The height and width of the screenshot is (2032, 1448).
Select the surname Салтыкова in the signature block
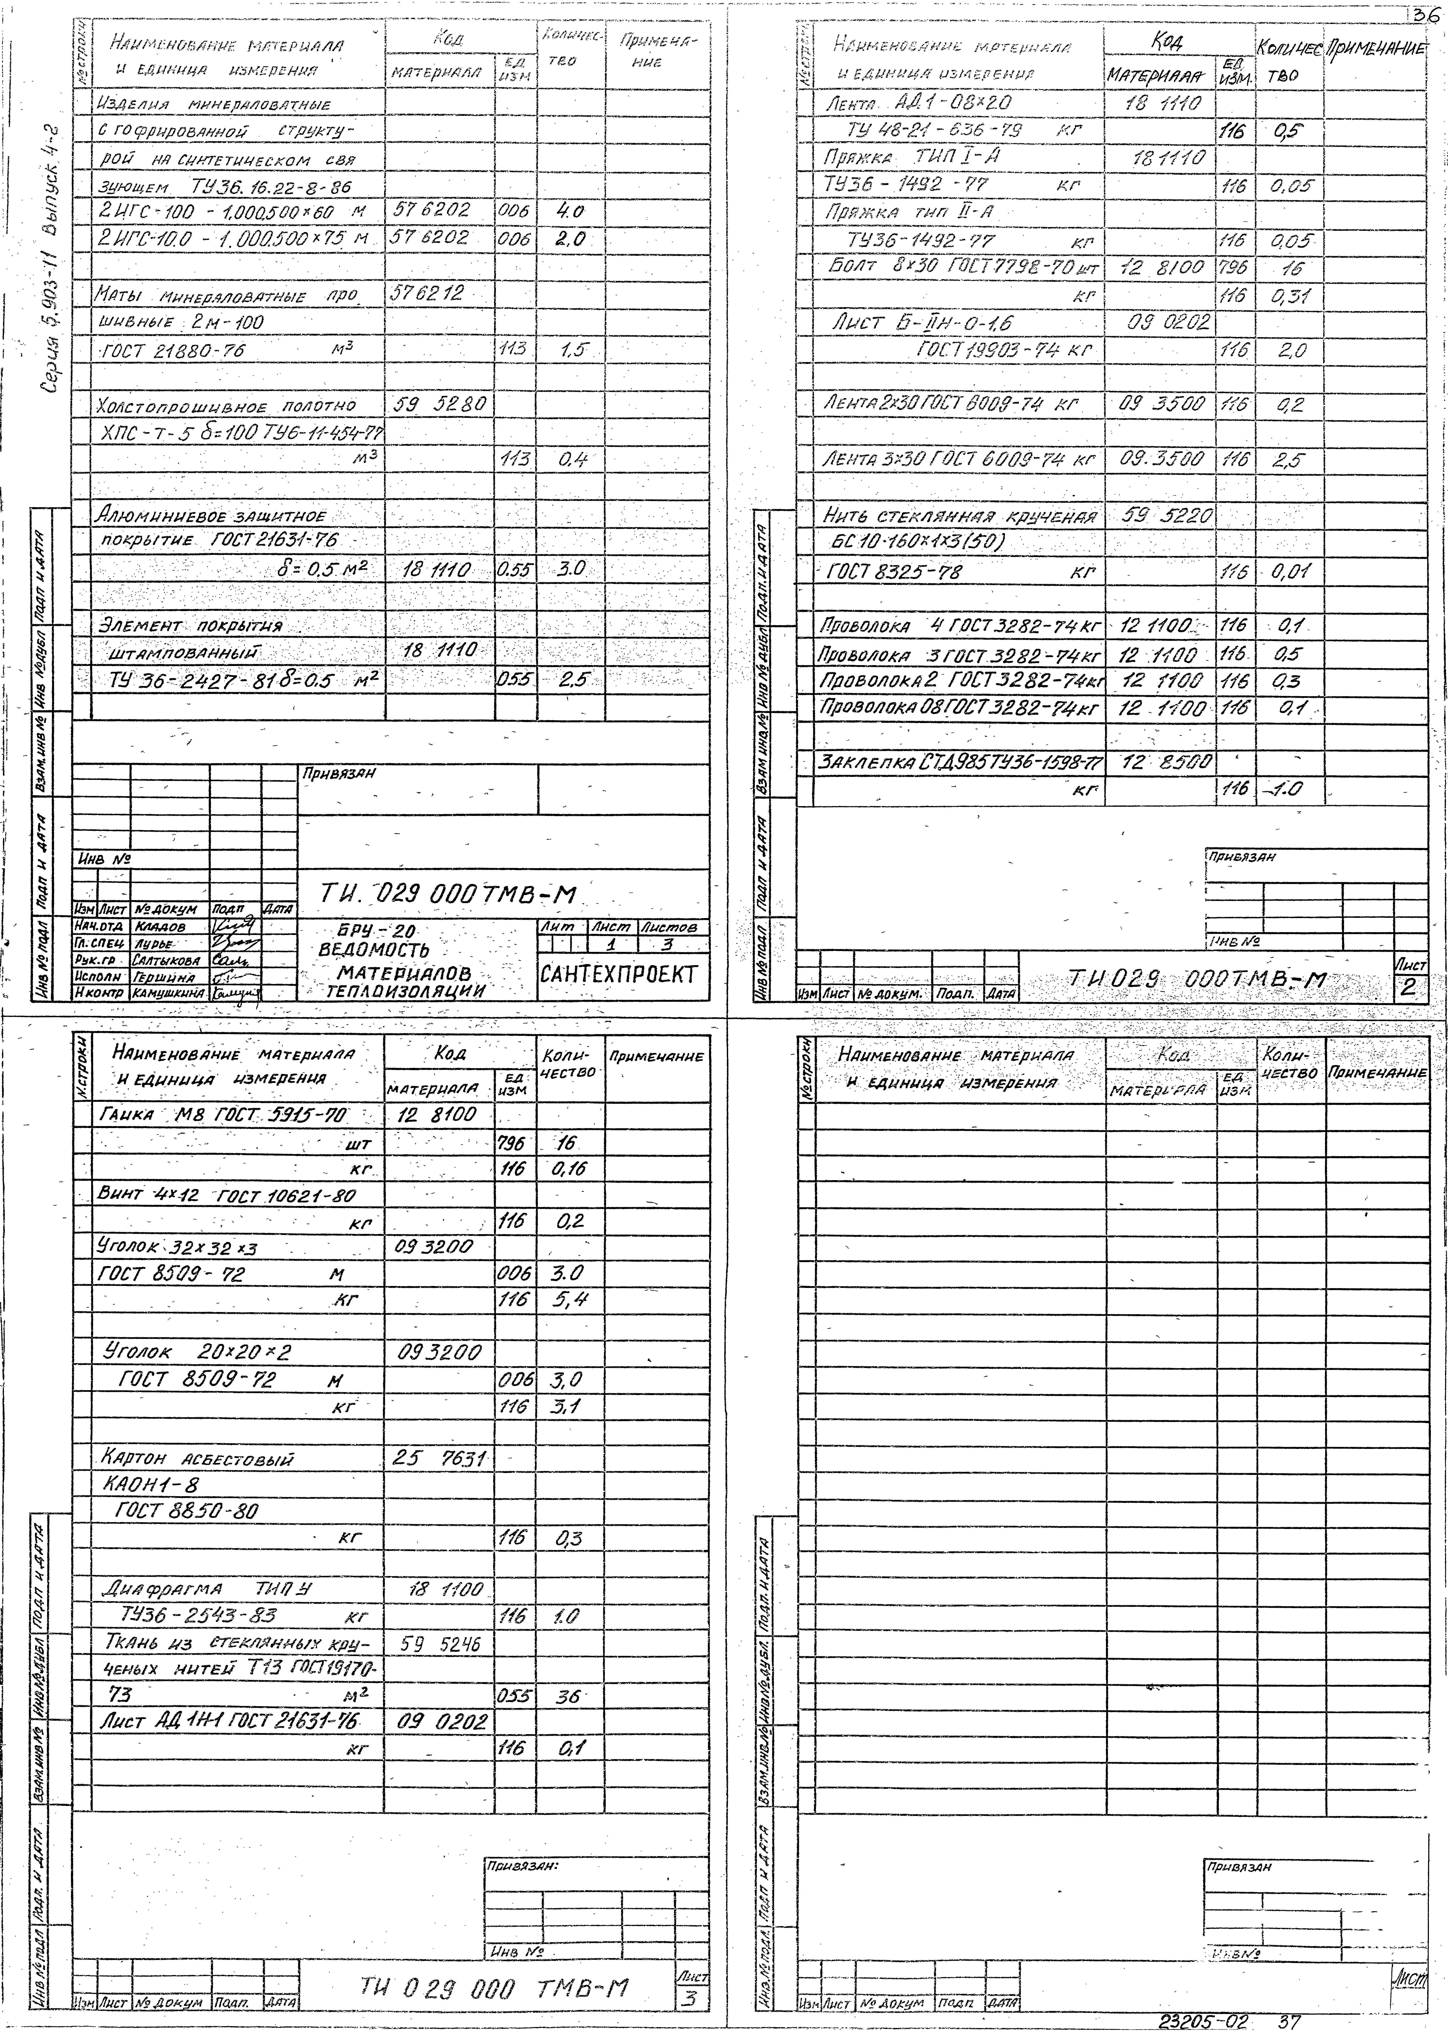(167, 961)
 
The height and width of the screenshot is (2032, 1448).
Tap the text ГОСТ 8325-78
(894, 572)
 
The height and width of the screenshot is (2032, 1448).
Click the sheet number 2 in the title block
(1409, 987)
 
